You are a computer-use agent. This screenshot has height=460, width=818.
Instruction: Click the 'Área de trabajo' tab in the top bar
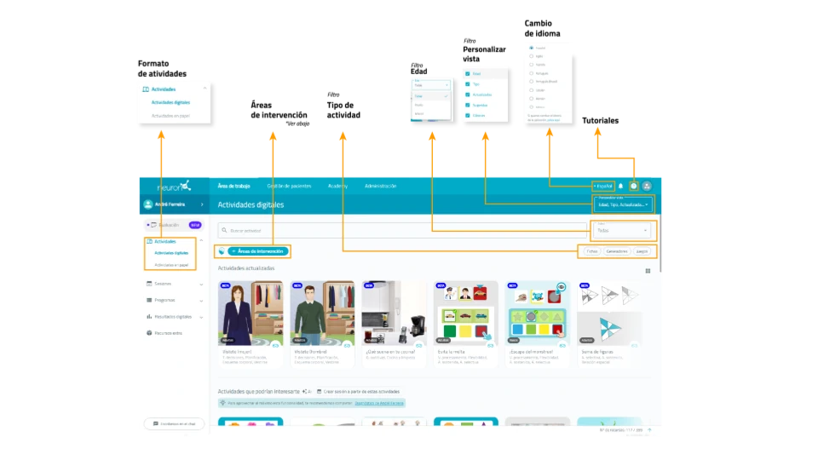click(x=233, y=186)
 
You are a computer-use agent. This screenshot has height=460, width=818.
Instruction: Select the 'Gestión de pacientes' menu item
click(x=289, y=186)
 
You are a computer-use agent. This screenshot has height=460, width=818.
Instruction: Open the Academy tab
click(x=337, y=186)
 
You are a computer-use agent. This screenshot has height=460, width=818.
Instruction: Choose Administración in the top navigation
click(x=380, y=186)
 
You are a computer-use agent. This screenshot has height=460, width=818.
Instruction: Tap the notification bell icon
click(x=620, y=186)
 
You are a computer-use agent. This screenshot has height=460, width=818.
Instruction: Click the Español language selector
click(x=603, y=186)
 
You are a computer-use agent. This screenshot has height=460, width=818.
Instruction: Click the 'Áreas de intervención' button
click(x=259, y=251)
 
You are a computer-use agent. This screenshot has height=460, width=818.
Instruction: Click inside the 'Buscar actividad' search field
click(x=400, y=230)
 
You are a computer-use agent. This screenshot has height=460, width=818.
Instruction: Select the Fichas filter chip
click(x=591, y=251)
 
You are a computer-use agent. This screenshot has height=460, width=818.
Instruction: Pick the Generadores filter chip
click(x=617, y=251)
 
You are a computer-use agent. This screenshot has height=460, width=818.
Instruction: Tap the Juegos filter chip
click(x=642, y=251)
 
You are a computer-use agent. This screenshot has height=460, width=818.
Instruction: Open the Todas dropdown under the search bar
click(x=622, y=230)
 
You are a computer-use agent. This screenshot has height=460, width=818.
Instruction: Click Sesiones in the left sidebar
click(x=163, y=284)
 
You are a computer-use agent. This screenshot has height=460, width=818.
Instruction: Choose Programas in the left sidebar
click(x=164, y=300)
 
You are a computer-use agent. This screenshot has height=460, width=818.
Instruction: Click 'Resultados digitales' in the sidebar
click(x=172, y=316)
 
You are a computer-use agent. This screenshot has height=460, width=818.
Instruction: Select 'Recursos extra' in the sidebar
click(x=168, y=332)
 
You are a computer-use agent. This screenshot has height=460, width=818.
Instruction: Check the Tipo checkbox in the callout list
click(x=468, y=84)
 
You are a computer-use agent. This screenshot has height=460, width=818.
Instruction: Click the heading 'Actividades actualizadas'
click(x=246, y=268)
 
